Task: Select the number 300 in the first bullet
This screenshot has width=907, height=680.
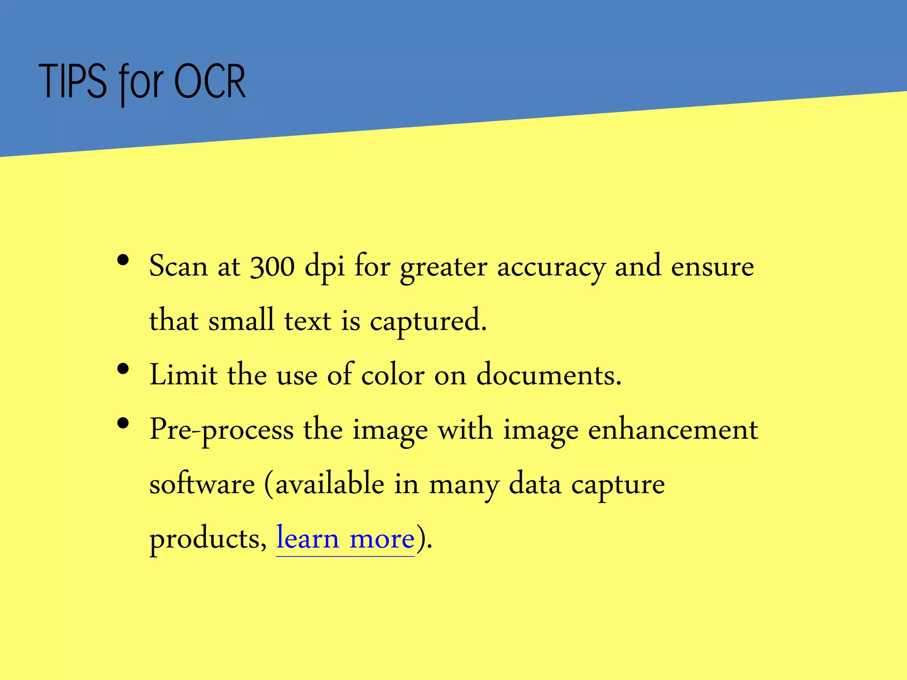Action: [x=272, y=267]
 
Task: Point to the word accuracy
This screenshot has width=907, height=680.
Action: [x=550, y=268]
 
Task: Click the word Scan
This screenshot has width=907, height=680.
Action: [x=178, y=267]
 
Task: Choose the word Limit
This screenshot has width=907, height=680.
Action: [x=183, y=375]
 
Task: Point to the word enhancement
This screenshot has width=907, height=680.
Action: [x=673, y=429]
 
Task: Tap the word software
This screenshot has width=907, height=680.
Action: [x=202, y=484]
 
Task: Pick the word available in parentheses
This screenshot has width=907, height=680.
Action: [x=330, y=484]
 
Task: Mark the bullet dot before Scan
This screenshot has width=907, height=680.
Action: [x=123, y=260]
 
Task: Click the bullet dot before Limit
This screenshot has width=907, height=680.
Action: [x=123, y=369]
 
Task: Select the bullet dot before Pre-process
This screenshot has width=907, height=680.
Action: [x=123, y=424]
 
